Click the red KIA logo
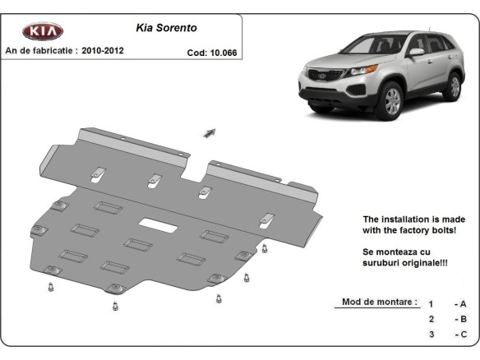42,31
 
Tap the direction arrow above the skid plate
210,132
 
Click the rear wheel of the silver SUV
453,86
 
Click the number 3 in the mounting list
431,335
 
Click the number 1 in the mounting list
431,304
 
